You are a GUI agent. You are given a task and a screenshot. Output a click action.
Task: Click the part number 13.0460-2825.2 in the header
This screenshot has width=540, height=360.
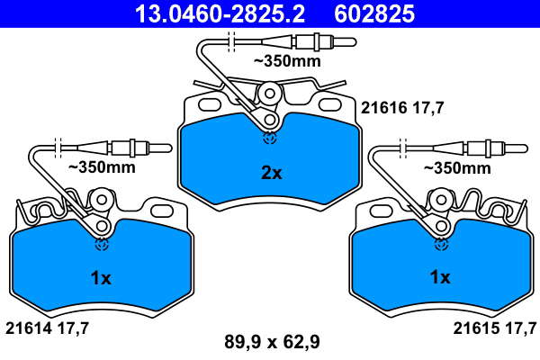pos(220,14)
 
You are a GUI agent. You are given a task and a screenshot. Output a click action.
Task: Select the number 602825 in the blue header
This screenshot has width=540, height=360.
pos(374,14)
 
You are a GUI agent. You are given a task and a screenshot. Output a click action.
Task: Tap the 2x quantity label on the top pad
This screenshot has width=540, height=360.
pos(272,173)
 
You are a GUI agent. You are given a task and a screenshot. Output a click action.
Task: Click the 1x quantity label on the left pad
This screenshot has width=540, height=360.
pos(101,278)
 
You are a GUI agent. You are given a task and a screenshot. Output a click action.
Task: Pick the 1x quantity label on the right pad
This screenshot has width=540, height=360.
pos(440,277)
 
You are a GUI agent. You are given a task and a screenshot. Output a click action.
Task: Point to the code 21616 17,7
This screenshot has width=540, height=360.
pos(402,108)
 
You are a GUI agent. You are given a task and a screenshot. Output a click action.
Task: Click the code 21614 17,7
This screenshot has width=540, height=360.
pos(47,328)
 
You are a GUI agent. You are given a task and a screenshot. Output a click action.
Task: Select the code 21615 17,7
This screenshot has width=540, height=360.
pos(495,328)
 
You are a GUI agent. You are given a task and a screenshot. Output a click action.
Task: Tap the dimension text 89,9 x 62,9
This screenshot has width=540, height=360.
pos(272,342)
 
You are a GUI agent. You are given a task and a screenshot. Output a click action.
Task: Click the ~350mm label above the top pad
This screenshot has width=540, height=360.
pos(287,61)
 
